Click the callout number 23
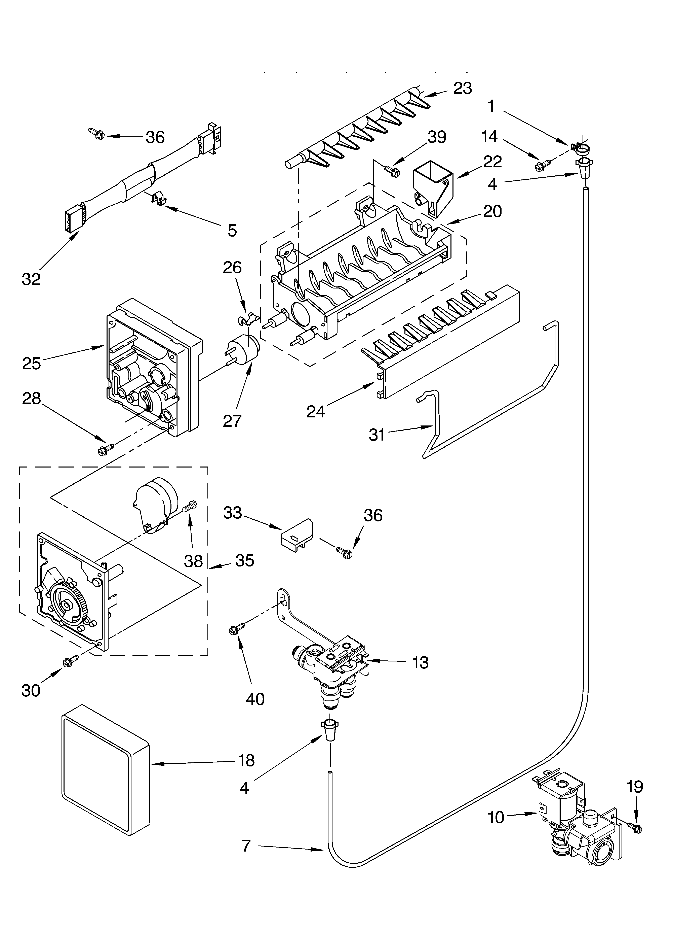coord(462,88)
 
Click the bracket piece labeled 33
coord(297,533)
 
